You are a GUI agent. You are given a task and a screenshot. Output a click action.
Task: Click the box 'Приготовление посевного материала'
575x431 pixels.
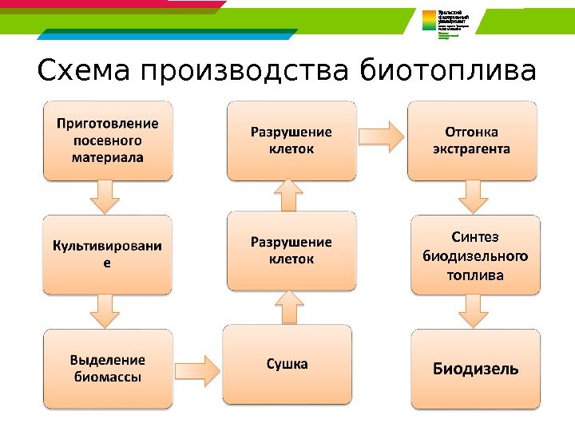click(108, 140)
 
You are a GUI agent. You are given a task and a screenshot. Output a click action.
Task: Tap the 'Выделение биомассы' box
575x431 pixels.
click(108, 368)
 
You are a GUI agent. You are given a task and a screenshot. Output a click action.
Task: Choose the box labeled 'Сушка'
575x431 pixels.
click(287, 364)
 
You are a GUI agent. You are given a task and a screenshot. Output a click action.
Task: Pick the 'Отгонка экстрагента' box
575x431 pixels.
click(472, 140)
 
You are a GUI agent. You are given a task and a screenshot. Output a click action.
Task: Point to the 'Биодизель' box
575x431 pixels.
click(476, 369)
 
